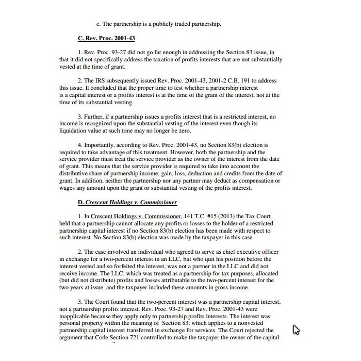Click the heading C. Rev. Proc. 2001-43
[x=106, y=38]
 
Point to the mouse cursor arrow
[x=296, y=329]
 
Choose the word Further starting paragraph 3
[x=95, y=117]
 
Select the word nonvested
[x=253, y=323]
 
